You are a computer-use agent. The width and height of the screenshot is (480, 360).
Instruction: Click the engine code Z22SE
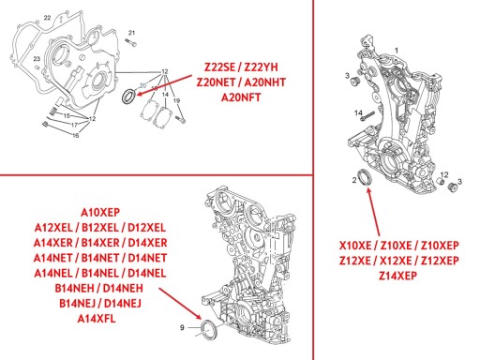[x=219, y=67]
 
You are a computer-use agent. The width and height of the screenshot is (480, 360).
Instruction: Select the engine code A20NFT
[x=241, y=97]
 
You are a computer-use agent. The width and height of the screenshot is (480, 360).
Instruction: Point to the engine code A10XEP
[x=100, y=213]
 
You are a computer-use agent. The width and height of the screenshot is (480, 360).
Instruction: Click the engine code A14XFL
[x=97, y=319]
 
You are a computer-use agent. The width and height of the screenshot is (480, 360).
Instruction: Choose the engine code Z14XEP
[x=397, y=276]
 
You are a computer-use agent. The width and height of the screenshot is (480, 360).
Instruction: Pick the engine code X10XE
[x=355, y=246]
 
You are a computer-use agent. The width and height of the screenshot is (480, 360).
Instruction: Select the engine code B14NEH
[x=74, y=288]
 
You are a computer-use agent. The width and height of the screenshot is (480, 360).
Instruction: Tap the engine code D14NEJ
[x=123, y=304]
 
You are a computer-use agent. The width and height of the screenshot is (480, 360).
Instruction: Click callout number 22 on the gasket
[x=47, y=18]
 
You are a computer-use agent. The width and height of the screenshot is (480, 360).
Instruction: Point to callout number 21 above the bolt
[x=131, y=33]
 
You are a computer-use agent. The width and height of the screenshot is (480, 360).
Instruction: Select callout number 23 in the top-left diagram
[x=37, y=59]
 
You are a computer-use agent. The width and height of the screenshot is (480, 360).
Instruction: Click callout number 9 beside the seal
[x=182, y=327]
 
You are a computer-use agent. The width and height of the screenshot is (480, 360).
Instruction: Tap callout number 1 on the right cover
[x=397, y=51]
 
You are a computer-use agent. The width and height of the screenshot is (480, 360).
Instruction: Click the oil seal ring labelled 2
[x=365, y=177]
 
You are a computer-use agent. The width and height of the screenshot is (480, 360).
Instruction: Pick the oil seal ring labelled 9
[x=207, y=329]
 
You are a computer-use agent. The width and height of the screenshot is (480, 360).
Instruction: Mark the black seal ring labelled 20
[x=128, y=97]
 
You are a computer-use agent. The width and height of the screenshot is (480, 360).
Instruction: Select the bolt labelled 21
[x=131, y=42]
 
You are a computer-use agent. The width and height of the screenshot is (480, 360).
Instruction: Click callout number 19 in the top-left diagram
[x=176, y=100]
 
